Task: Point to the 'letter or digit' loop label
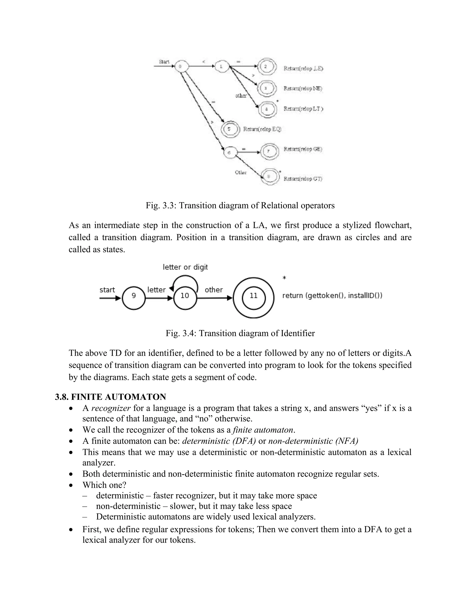(185, 267)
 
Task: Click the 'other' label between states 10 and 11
(214, 290)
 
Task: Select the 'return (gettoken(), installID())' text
(332, 296)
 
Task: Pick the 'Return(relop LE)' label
(303, 69)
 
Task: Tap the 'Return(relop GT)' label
(303, 179)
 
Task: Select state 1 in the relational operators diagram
(221, 66)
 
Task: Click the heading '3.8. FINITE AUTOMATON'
(110, 397)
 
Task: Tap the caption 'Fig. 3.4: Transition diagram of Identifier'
(240, 333)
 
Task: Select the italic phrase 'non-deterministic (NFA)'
(313, 441)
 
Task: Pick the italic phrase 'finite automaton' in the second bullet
(263, 430)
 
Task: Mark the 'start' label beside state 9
(107, 290)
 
